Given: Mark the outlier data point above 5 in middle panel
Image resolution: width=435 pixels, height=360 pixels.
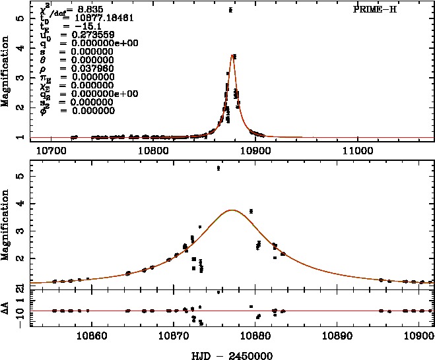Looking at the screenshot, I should [218, 169].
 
